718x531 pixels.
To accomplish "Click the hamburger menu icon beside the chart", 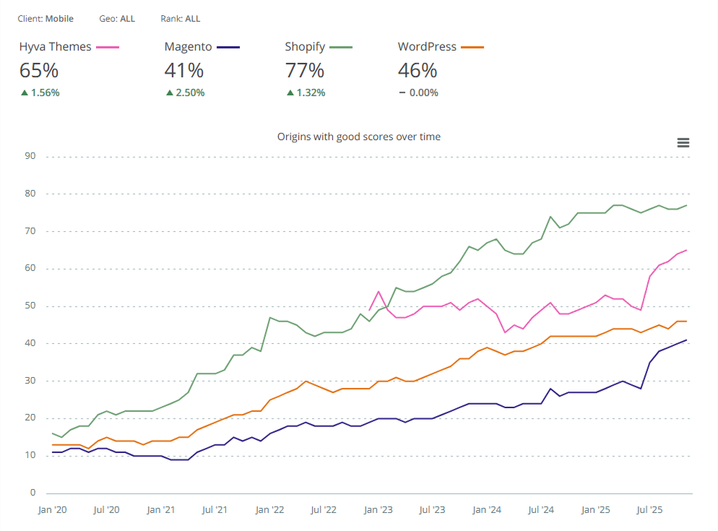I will (683, 143).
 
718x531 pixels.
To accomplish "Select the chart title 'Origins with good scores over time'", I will (359, 137).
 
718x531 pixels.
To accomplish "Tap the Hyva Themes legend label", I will (55, 47).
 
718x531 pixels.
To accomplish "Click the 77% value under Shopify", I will (304, 71).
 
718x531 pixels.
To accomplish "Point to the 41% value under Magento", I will (183, 71).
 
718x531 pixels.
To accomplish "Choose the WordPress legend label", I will (427, 47).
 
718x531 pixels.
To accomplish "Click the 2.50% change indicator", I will (185, 92).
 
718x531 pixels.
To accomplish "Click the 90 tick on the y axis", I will (30, 156).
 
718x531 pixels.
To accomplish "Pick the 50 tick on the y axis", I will (30, 306).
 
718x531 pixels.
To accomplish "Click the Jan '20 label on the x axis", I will (52, 510).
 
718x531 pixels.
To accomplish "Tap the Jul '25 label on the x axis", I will (649, 510).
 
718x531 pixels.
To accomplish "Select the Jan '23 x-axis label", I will (378, 510).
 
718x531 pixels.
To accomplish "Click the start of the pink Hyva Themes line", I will (370, 310).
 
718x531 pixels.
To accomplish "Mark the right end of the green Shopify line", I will (686, 205).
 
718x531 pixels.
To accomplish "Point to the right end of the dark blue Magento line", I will (686, 340).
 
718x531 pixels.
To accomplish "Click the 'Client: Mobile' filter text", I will (46, 18).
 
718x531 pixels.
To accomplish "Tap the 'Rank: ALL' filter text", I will (181, 18).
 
